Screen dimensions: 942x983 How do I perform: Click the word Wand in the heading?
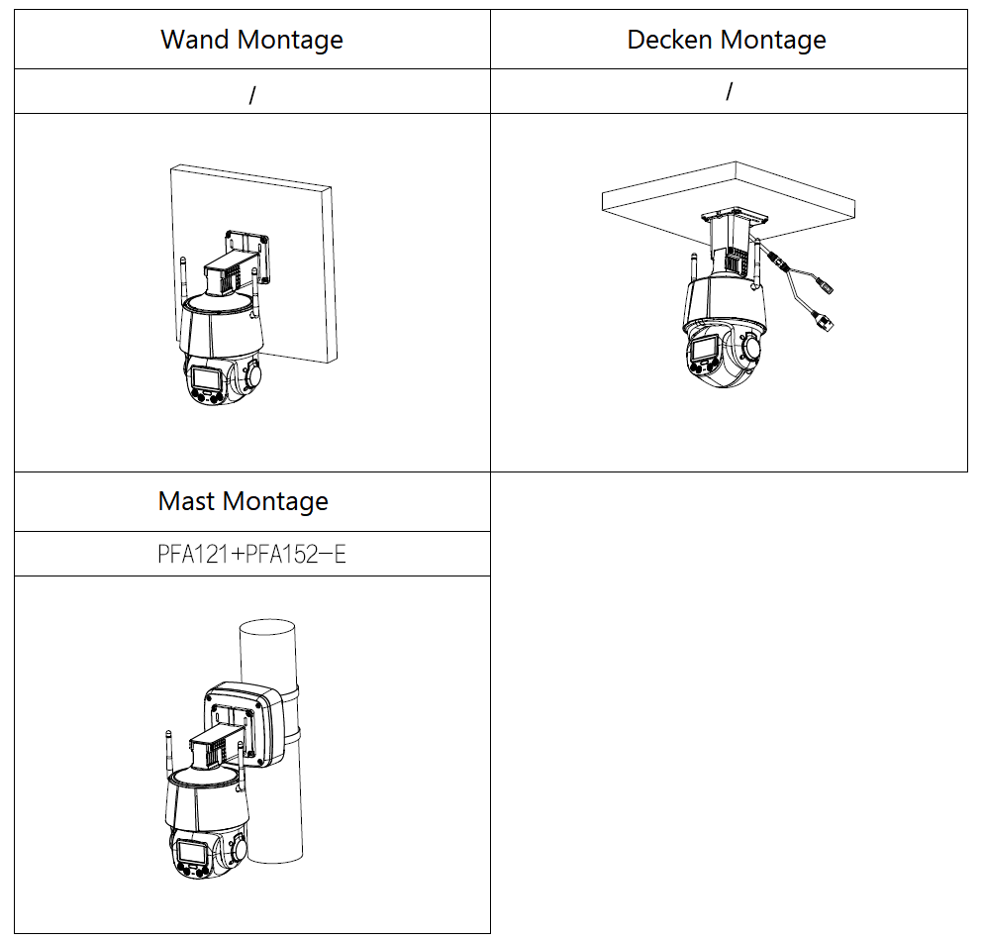(x=192, y=40)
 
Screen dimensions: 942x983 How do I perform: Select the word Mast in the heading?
(x=187, y=501)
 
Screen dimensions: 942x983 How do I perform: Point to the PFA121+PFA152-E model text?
(x=251, y=554)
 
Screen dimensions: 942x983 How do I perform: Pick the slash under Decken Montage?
(x=729, y=91)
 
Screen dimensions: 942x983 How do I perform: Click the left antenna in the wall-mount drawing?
(x=184, y=282)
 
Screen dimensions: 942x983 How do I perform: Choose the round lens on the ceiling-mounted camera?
(x=751, y=348)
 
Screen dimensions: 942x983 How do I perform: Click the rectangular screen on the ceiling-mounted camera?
(x=706, y=350)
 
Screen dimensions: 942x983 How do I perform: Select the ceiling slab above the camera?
(x=728, y=193)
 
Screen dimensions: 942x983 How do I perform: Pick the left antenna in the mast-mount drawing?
(x=167, y=758)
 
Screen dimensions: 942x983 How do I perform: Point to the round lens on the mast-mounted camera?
(x=238, y=851)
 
